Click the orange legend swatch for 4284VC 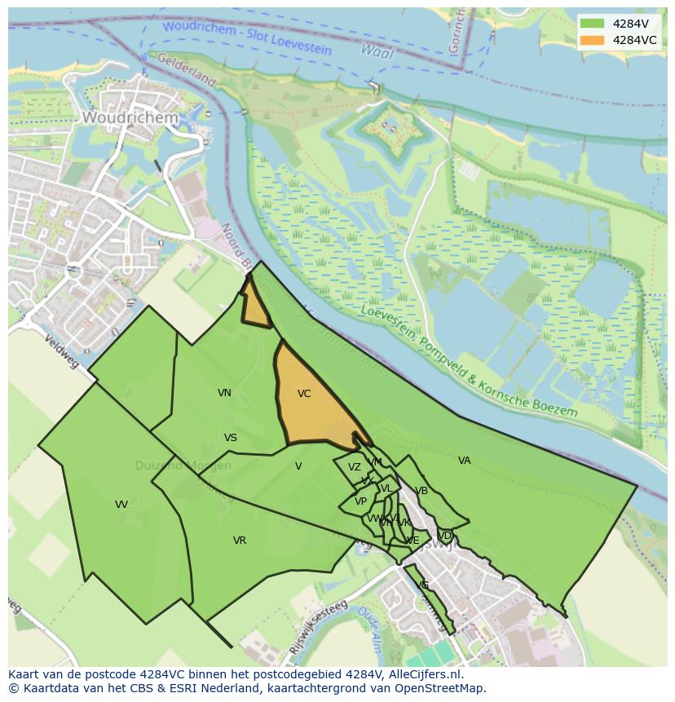(x=593, y=40)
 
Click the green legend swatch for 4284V (x=593, y=23)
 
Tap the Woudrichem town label (x=130, y=117)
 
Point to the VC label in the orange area (x=304, y=394)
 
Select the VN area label (x=224, y=393)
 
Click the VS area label (x=231, y=438)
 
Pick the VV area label (x=121, y=505)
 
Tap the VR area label (x=240, y=541)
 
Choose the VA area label (x=465, y=461)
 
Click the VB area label (x=421, y=491)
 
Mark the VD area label (x=445, y=536)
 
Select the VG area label (x=422, y=585)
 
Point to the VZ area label (x=354, y=467)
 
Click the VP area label (x=360, y=501)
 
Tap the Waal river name (x=377, y=52)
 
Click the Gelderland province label (x=186, y=70)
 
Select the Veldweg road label (x=62, y=351)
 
